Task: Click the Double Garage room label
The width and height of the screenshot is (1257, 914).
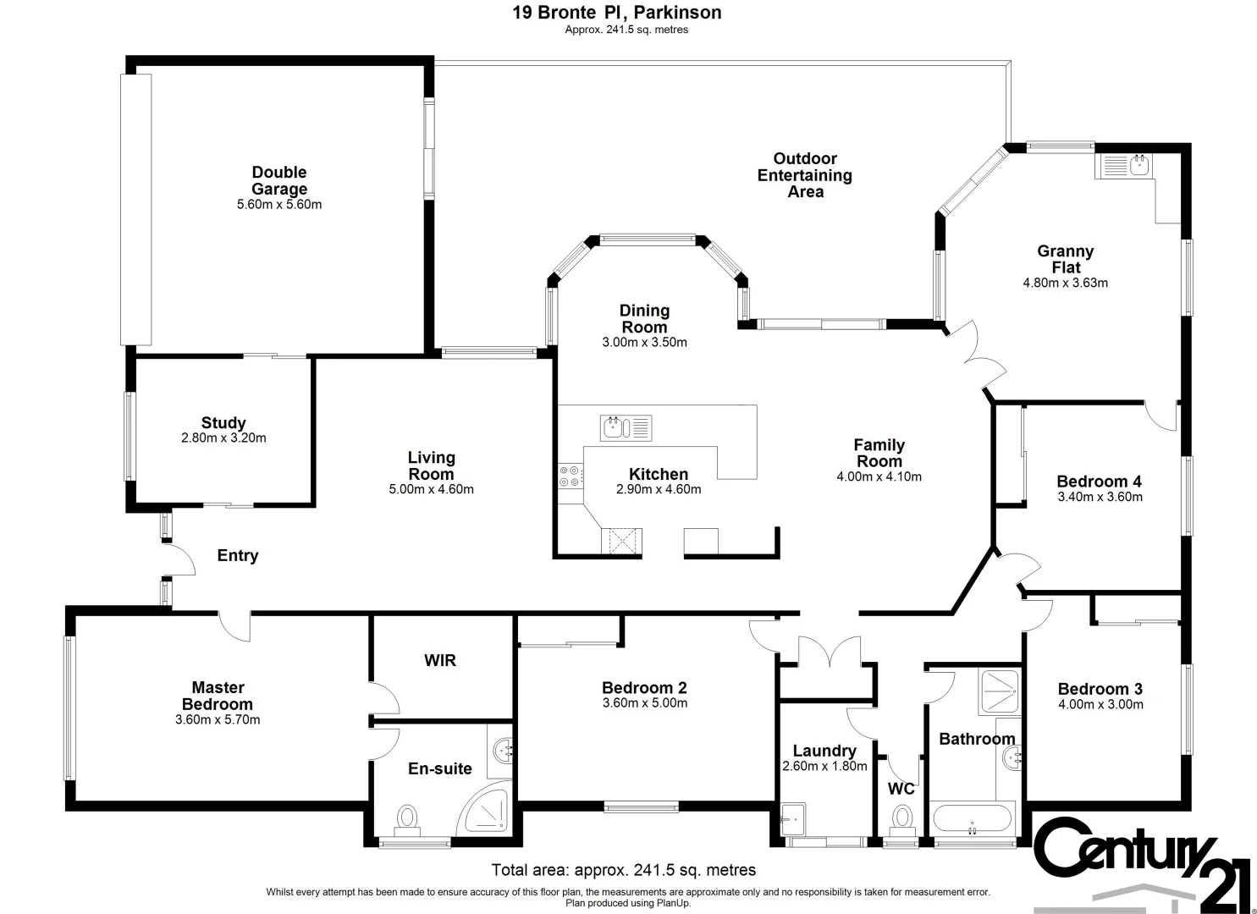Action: pyautogui.click(x=279, y=180)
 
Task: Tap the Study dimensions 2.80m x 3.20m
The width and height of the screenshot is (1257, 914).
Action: pyautogui.click(x=223, y=438)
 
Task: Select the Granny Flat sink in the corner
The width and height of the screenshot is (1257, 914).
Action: pyautogui.click(x=1123, y=166)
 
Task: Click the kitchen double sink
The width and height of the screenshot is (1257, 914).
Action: pyautogui.click(x=626, y=427)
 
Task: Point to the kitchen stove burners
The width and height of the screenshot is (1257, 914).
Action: pyautogui.click(x=571, y=476)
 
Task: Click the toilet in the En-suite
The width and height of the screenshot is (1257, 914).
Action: pyautogui.click(x=407, y=820)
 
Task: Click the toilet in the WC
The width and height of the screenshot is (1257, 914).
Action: pyautogui.click(x=902, y=819)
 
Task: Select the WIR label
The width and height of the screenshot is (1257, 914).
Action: pyautogui.click(x=440, y=660)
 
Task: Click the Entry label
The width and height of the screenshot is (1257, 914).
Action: pyautogui.click(x=238, y=556)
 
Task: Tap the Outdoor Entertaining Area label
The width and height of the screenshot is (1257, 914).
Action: pyautogui.click(x=805, y=175)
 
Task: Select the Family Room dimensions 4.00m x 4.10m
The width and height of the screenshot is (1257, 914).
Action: pyautogui.click(x=879, y=477)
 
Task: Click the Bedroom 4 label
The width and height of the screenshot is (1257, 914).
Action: pyautogui.click(x=1099, y=482)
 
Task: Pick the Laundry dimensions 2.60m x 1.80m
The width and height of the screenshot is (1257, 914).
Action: pyautogui.click(x=824, y=767)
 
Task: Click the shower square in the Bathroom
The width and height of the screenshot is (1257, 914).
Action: pyautogui.click(x=1000, y=691)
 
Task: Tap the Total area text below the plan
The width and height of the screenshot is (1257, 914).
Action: pyautogui.click(x=624, y=870)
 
